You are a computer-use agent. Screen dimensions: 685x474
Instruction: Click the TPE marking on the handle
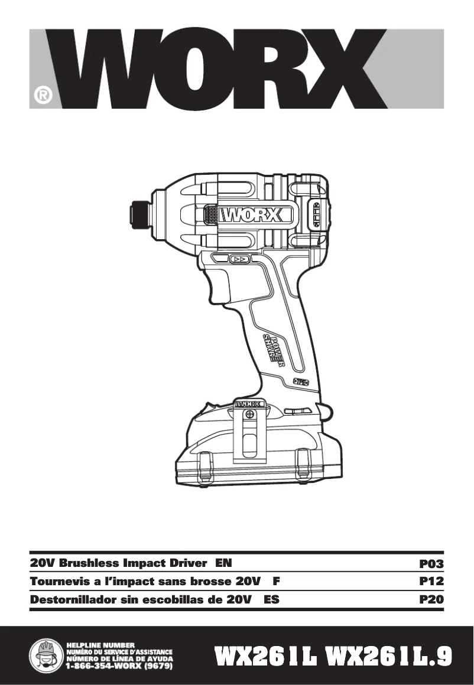pos(301,383)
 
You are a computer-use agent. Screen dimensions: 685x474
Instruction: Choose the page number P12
pos(431,582)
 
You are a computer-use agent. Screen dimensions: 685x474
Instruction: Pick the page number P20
pos(431,599)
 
